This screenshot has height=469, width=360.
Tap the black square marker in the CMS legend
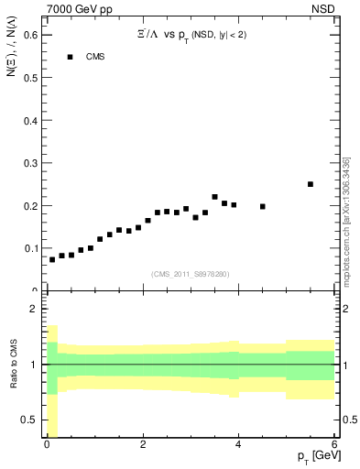point(69,57)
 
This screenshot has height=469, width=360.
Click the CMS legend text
point(96,57)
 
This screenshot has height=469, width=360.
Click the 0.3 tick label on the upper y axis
point(30,162)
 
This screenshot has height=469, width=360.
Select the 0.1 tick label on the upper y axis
point(30,248)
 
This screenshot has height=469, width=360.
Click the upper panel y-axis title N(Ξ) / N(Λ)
point(12,55)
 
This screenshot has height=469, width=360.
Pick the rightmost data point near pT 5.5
point(311,184)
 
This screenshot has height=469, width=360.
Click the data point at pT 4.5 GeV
point(263,206)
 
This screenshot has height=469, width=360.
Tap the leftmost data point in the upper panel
point(52,259)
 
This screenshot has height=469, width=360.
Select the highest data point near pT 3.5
point(215,197)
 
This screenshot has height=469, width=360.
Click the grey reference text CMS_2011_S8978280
point(190,274)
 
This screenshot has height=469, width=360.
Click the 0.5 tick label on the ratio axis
point(30,420)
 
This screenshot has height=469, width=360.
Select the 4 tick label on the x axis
point(238,445)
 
